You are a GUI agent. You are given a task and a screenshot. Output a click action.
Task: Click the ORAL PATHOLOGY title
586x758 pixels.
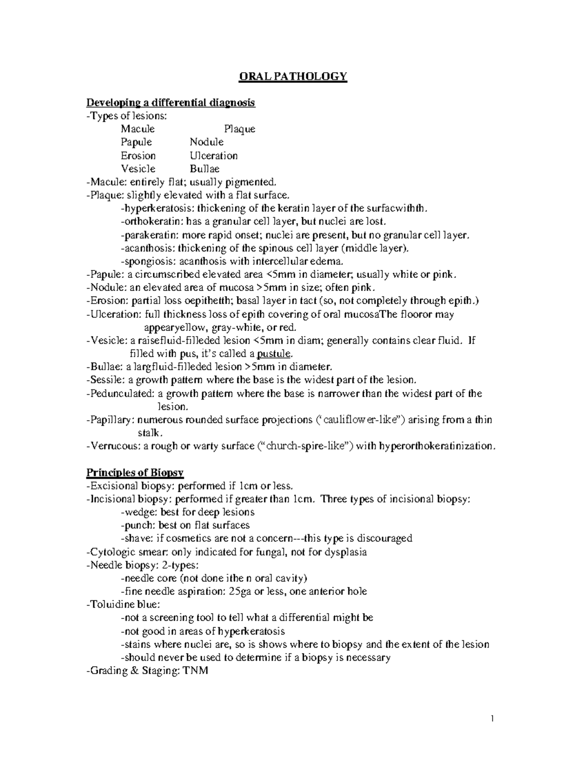pyautogui.click(x=292, y=77)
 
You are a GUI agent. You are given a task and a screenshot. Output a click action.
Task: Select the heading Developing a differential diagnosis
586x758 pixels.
pyautogui.click(x=170, y=103)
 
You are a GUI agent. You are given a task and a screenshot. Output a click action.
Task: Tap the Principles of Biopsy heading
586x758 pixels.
pyautogui.click(x=135, y=472)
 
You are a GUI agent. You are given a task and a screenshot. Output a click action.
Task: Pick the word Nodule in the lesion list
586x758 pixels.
pyautogui.click(x=207, y=143)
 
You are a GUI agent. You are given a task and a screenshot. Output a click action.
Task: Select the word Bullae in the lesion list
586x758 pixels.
pyautogui.click(x=205, y=169)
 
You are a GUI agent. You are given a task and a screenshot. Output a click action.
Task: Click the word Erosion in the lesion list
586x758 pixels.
pyautogui.click(x=138, y=156)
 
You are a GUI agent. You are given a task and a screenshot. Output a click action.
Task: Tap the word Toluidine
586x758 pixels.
pyautogui.click(x=110, y=605)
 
